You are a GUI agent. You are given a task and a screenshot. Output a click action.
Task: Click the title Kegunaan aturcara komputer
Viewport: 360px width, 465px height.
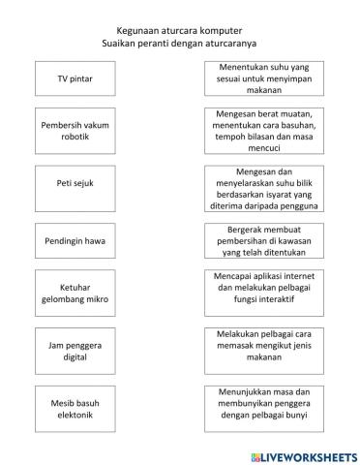180,31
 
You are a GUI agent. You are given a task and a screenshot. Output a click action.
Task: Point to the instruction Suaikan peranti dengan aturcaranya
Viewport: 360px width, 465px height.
180,44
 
